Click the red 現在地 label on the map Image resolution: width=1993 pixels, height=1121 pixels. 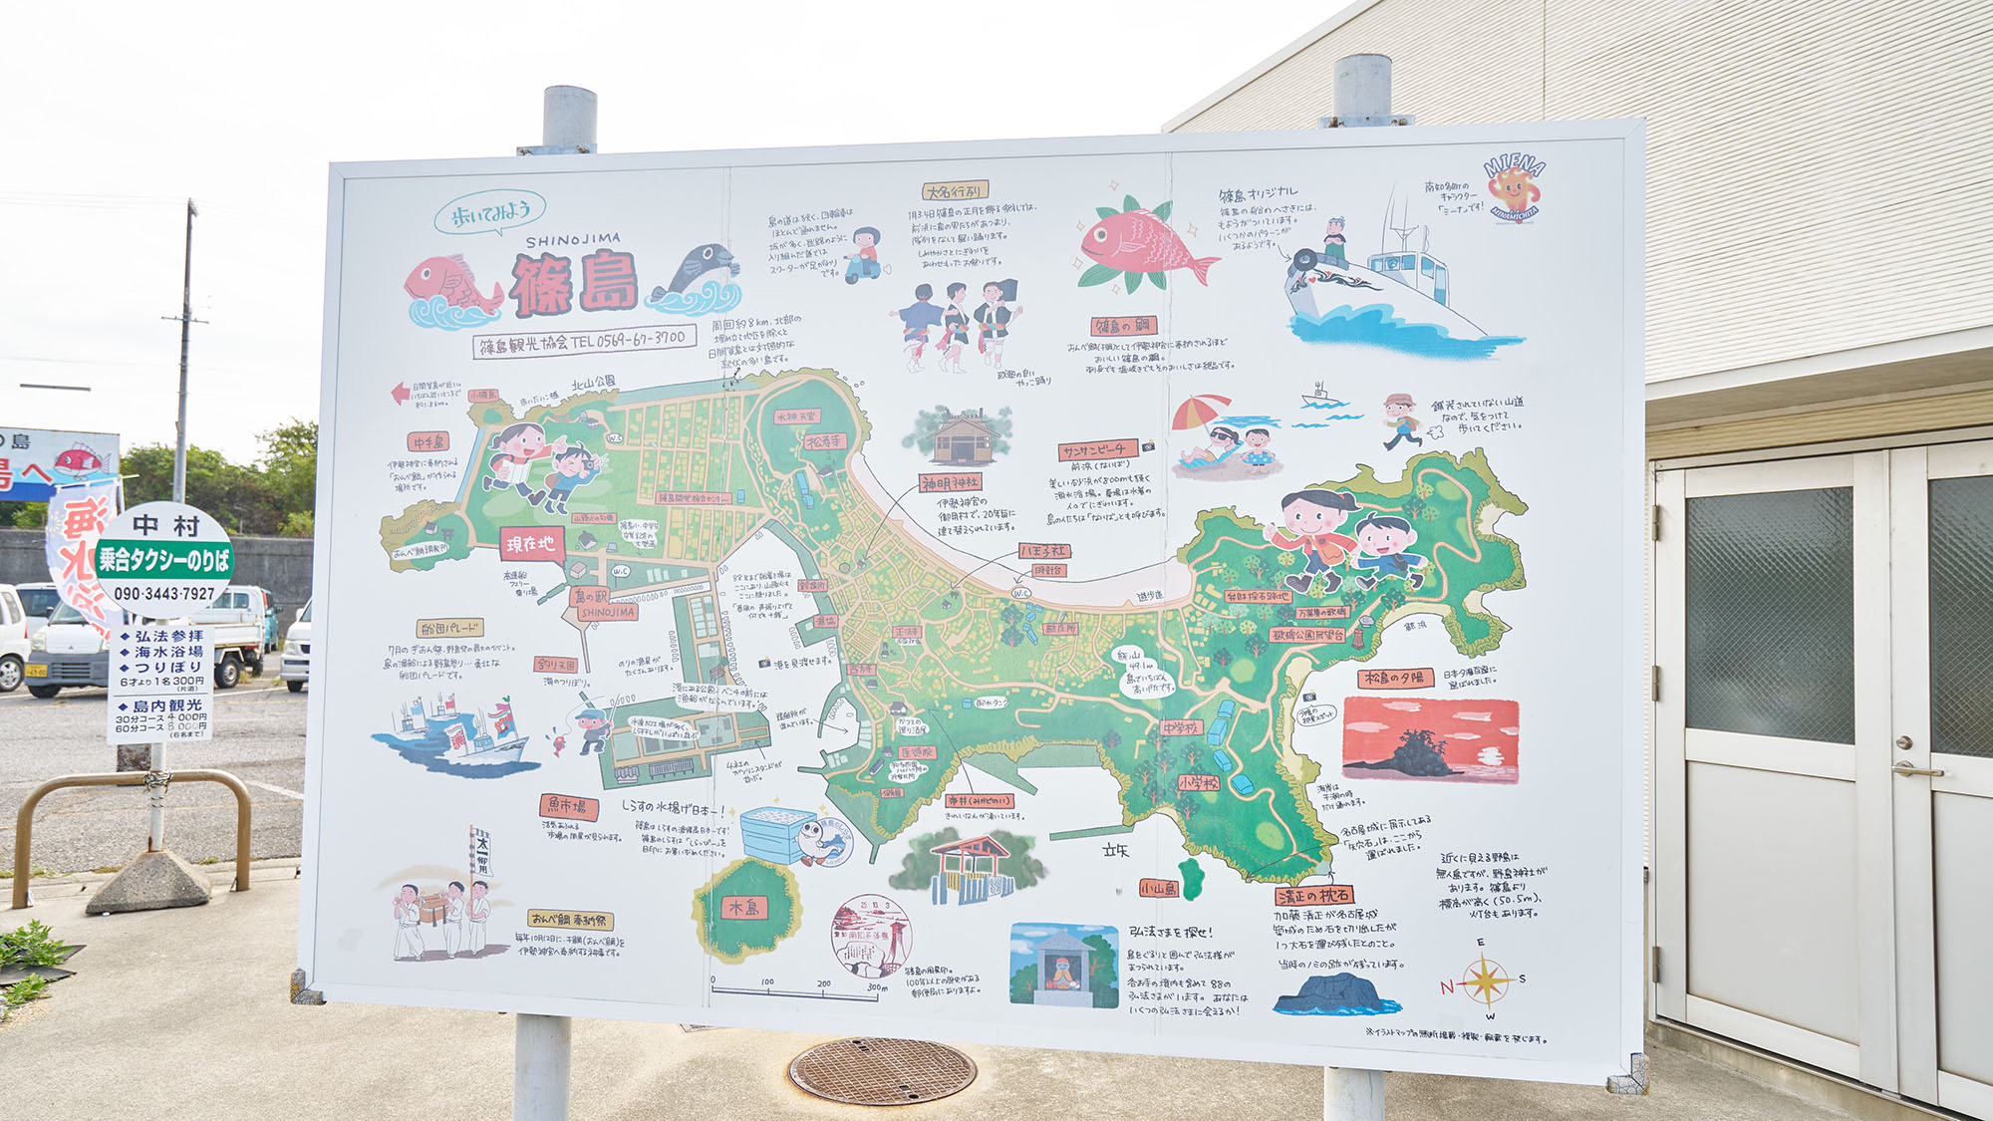click(531, 544)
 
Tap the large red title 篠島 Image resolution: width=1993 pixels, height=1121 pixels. click(574, 283)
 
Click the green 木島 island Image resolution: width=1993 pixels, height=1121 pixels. click(744, 908)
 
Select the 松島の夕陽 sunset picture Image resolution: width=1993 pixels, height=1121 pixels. click(1430, 739)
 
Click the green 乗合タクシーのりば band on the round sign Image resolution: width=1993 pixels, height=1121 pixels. click(164, 560)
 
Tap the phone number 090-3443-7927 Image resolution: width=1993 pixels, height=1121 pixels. click(164, 594)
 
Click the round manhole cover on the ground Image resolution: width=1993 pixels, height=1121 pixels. click(882, 1071)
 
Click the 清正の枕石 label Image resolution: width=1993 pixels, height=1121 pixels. click(1313, 896)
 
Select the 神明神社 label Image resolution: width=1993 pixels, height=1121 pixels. click(949, 483)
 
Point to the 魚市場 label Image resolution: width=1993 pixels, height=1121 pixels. click(569, 805)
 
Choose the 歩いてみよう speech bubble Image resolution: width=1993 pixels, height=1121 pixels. click(490, 212)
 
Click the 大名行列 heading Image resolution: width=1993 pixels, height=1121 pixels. click(954, 191)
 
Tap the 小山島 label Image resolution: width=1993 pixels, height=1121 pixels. click(1159, 888)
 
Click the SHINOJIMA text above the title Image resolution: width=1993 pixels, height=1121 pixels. click(572, 240)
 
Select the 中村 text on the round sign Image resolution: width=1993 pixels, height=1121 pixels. click(166, 525)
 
